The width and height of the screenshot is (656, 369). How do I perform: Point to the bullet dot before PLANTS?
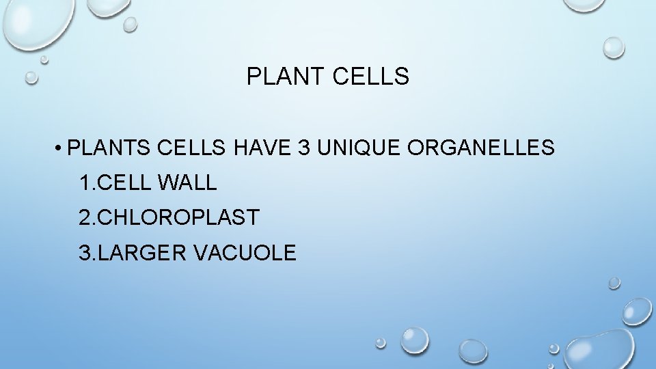61,148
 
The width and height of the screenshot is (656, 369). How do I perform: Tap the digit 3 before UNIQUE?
305,148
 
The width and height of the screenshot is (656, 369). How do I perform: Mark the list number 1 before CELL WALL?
85,183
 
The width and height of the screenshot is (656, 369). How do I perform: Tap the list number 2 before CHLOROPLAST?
85,218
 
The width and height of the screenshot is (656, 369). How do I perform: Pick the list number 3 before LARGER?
85,254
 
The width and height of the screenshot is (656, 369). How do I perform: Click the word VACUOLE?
245,254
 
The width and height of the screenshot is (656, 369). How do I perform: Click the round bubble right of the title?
614,47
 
